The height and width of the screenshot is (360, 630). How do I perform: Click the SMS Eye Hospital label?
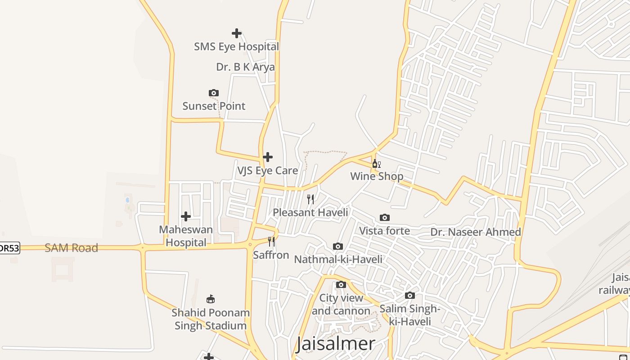(236, 46)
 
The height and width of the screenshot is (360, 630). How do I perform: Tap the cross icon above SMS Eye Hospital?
(236, 33)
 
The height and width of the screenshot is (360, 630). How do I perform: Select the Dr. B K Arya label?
(245, 67)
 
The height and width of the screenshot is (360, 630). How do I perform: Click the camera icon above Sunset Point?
(214, 93)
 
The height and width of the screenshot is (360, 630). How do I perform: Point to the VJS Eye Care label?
(267, 171)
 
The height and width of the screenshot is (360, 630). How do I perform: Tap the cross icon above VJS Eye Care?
(268, 157)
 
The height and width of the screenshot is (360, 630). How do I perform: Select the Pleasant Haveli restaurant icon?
(310, 199)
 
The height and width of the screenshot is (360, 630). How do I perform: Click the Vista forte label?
(384, 231)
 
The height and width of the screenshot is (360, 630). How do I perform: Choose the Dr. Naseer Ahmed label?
(476, 232)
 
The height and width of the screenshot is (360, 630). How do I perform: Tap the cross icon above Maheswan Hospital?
(186, 216)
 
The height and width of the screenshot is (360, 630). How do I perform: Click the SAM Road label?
(71, 248)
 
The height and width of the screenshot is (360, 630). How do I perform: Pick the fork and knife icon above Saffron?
(271, 242)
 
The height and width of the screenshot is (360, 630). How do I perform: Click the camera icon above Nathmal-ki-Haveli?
(338, 246)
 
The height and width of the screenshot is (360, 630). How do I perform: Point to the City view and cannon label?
(341, 304)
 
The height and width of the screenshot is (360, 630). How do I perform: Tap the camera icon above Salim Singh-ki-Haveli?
(409, 296)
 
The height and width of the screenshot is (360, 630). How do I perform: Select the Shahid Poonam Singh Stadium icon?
(210, 299)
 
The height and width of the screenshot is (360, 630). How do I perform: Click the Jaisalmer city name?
(335, 344)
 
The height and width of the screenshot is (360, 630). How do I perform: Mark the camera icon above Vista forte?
(385, 218)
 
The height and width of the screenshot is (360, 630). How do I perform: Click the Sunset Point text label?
(214, 106)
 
